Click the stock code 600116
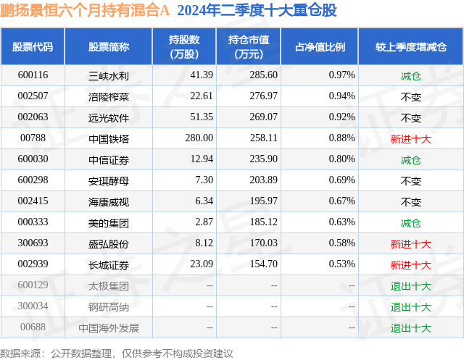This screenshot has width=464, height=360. click(x=33, y=75)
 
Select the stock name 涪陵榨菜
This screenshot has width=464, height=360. click(x=109, y=96)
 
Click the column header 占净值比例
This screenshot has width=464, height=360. click(x=320, y=47)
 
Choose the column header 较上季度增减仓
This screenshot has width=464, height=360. click(x=410, y=47)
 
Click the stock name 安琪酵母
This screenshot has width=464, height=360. click(x=109, y=180)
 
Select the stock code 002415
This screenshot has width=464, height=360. click(x=33, y=201)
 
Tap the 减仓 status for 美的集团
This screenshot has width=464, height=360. click(x=410, y=222)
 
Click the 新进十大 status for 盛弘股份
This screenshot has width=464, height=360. click(x=410, y=243)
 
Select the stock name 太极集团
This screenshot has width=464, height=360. click(x=109, y=286)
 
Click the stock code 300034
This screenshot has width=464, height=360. click(x=33, y=307)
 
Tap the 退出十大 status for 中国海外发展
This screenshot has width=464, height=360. click(x=410, y=328)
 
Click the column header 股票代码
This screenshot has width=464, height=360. click(x=33, y=47)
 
